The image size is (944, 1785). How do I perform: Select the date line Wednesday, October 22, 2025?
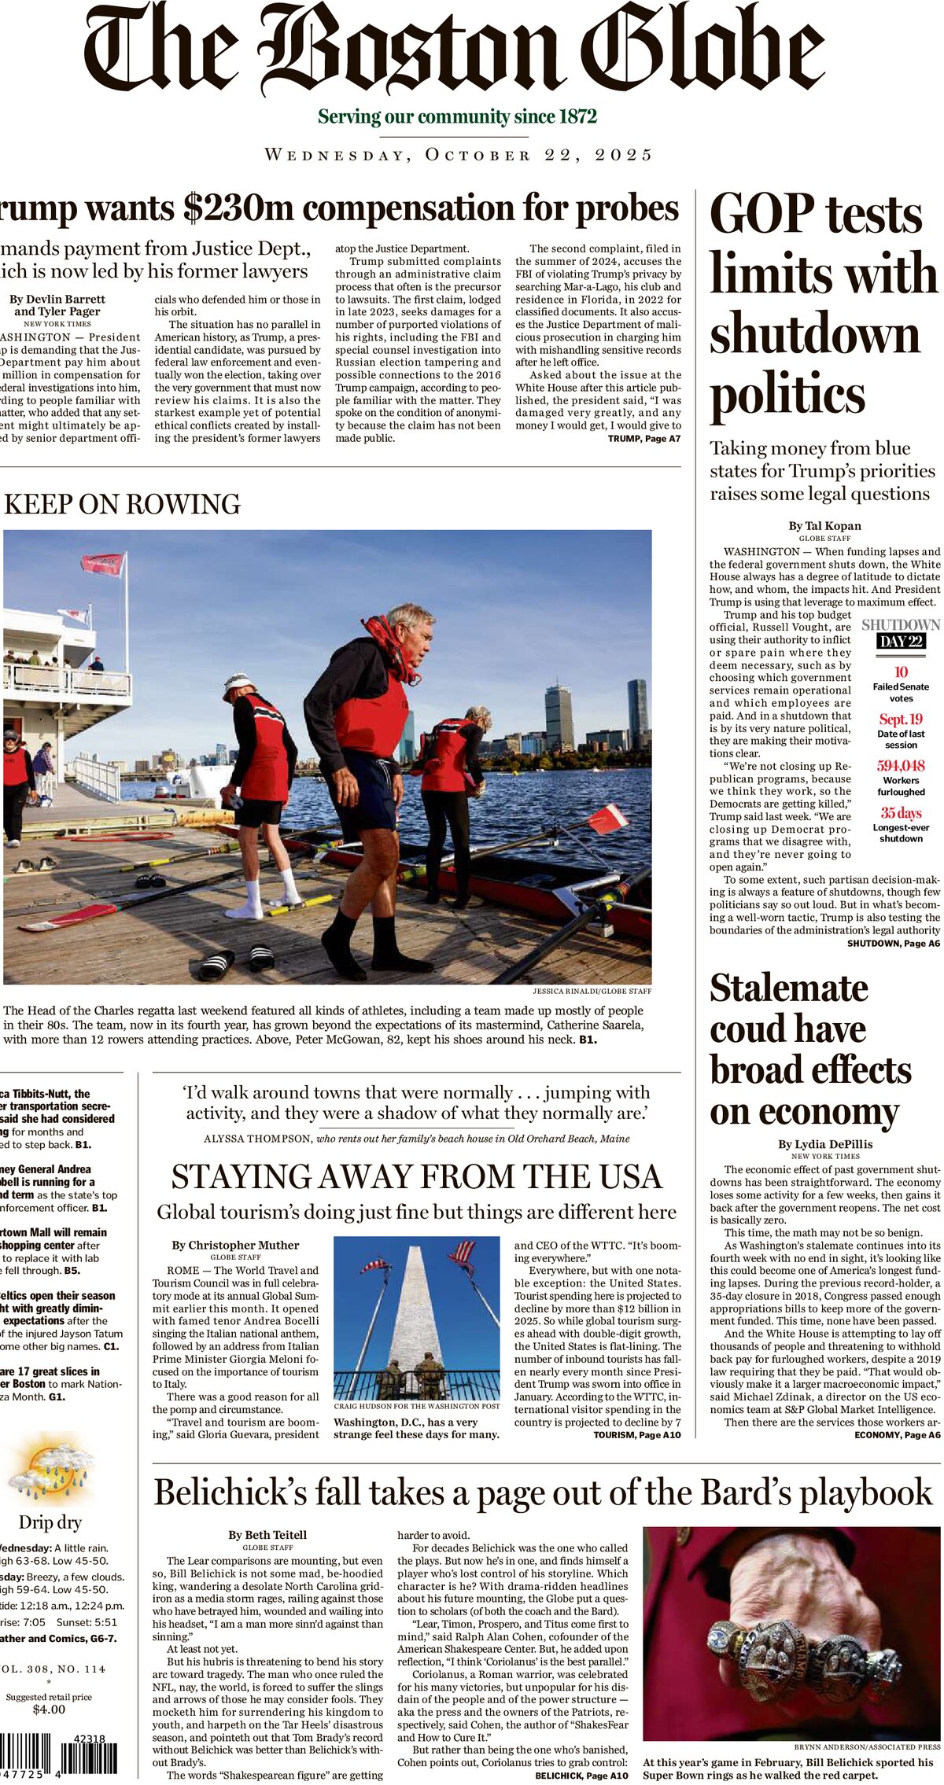pyautogui.click(x=459, y=155)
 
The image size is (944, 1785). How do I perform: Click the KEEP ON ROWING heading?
pyautogui.click(x=122, y=504)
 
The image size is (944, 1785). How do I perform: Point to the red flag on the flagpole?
pyautogui.click(x=102, y=563)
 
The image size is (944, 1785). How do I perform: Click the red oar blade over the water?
pyautogui.click(x=608, y=819)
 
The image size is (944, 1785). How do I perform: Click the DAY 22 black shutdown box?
pyautogui.click(x=901, y=641)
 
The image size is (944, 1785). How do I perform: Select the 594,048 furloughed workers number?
pyautogui.click(x=901, y=765)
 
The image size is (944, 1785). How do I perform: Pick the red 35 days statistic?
pyautogui.click(x=901, y=812)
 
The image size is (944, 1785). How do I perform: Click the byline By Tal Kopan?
pyautogui.click(x=824, y=526)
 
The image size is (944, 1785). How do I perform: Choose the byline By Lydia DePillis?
pyautogui.click(x=824, y=1144)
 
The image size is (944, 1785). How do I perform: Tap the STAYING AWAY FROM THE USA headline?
pyautogui.click(x=417, y=1177)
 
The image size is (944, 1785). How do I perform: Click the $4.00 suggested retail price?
pyautogui.click(x=49, y=1709)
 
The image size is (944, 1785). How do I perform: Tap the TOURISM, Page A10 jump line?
pyautogui.click(x=637, y=1435)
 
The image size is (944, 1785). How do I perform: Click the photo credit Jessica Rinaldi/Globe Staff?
pyautogui.click(x=592, y=991)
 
